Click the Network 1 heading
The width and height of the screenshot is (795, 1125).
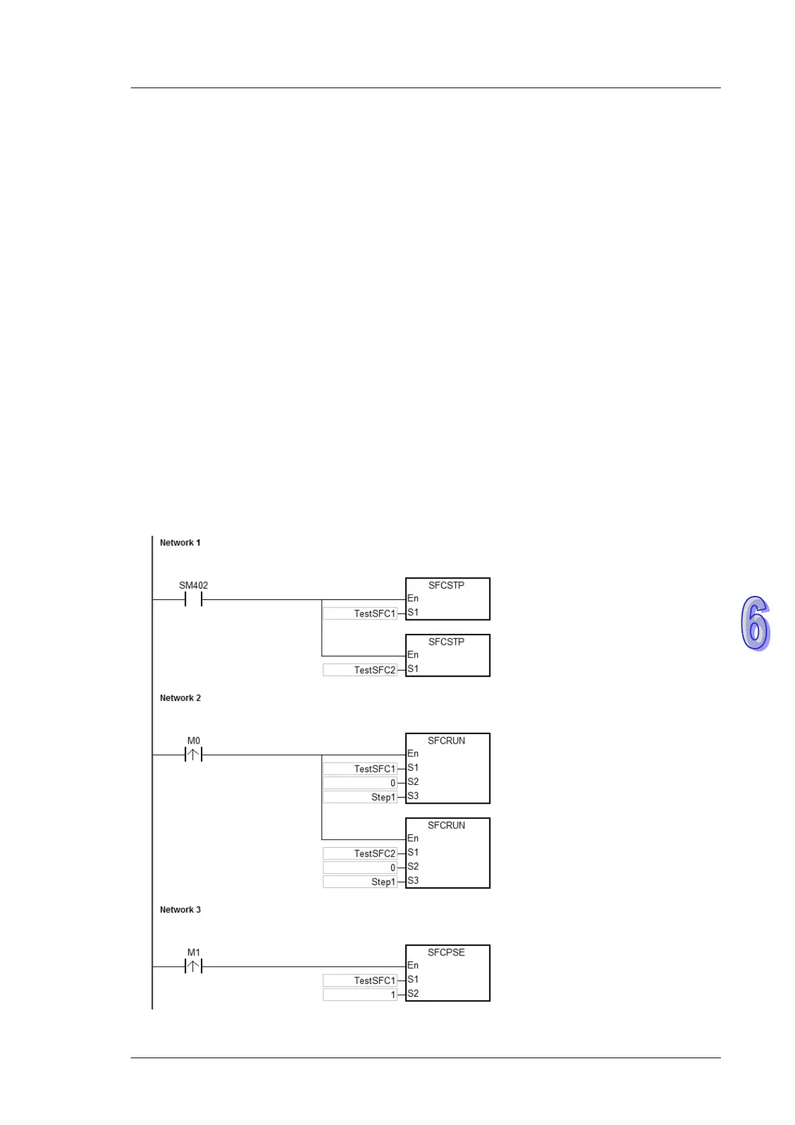click(x=180, y=542)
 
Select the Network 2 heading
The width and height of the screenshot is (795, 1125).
click(x=180, y=697)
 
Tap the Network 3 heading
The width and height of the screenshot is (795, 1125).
click(x=180, y=909)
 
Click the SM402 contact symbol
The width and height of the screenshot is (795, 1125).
click(x=193, y=599)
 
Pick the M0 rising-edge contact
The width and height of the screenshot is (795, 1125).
click(x=193, y=755)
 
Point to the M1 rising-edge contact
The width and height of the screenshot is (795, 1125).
click(x=193, y=966)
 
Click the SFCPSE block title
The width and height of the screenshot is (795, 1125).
click(x=446, y=952)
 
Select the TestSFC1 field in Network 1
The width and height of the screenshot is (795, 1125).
click(x=360, y=613)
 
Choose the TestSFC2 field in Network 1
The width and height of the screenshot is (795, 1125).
click(x=360, y=669)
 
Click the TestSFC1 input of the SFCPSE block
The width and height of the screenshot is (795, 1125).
click(x=360, y=980)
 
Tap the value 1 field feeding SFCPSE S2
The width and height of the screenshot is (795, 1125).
click(x=360, y=994)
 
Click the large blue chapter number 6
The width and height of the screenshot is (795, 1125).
click(x=755, y=623)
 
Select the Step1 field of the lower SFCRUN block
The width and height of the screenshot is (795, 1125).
click(x=360, y=882)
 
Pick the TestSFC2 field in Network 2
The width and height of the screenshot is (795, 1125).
click(x=360, y=853)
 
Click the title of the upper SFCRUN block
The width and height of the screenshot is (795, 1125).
click(x=446, y=740)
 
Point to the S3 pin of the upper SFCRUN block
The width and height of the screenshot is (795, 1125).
click(x=413, y=796)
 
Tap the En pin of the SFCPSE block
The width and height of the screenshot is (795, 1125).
click(x=413, y=965)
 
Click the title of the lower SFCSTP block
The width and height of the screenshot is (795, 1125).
click(x=446, y=641)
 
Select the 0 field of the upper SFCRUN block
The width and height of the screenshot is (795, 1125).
click(x=360, y=783)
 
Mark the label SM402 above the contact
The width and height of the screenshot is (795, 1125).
click(x=194, y=585)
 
